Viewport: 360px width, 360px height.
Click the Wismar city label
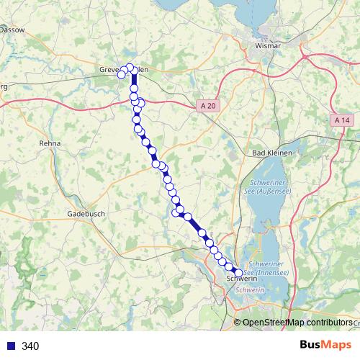(267, 45)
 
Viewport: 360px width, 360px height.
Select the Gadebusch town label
(86, 214)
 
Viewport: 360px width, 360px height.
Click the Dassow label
(13, 30)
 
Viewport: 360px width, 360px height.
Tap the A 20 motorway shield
(207, 106)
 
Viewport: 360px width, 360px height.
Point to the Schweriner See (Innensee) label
(268, 269)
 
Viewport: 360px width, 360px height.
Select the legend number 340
(30, 346)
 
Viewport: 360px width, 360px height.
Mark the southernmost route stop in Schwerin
(240, 272)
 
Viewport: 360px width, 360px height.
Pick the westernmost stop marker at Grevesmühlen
(122, 74)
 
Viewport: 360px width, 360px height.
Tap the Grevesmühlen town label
(123, 70)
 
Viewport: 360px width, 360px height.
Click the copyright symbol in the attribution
(238, 323)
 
